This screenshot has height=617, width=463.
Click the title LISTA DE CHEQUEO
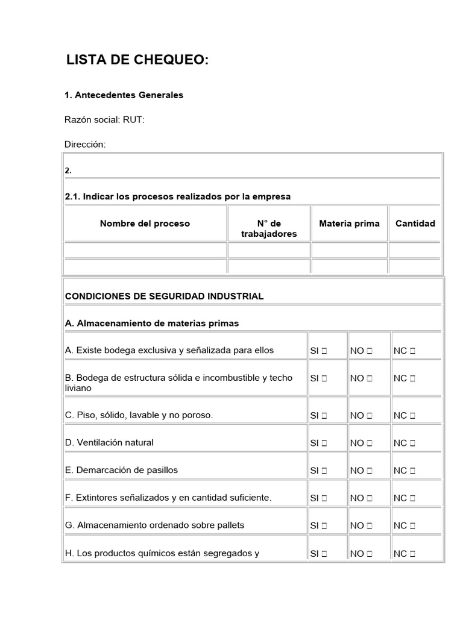point(137,60)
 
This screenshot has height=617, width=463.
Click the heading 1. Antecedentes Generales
point(124,95)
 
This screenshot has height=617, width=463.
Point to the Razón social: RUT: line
point(104,120)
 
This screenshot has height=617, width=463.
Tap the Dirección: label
point(85,145)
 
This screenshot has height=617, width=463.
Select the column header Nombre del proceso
point(145,224)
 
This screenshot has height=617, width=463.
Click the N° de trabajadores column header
point(269,228)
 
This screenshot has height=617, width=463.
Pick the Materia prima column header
point(349,224)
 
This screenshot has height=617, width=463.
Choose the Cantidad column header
point(415,224)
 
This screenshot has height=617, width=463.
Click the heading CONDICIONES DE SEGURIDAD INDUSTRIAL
point(164,296)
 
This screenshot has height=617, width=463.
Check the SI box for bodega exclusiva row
point(324,351)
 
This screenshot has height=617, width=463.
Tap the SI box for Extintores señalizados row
point(324,498)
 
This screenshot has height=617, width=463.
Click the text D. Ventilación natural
point(109,442)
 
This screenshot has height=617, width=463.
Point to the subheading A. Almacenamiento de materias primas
point(151,324)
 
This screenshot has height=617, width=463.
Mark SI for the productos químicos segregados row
point(324,553)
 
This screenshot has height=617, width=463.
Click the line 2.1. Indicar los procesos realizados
point(177,196)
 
